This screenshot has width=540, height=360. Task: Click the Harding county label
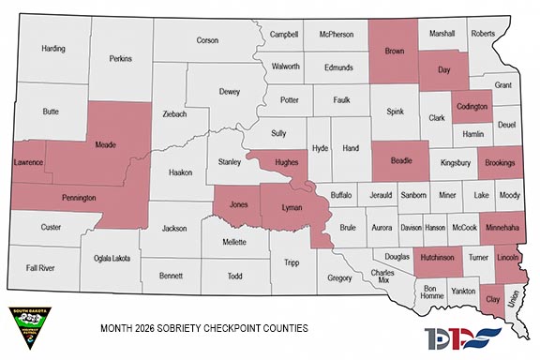click(x=52, y=49)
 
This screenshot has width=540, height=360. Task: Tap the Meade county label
click(x=106, y=146)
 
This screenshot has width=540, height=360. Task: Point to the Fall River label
click(x=40, y=267)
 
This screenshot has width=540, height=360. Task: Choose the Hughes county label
click(x=287, y=161)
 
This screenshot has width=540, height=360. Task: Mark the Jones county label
click(x=239, y=203)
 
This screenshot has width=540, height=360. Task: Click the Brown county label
click(x=395, y=51)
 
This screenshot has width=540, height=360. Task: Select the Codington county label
click(x=472, y=107)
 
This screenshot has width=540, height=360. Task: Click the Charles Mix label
click(x=381, y=277)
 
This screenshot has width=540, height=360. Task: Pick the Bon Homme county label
click(x=431, y=292)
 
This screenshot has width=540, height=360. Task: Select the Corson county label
click(x=207, y=40)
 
